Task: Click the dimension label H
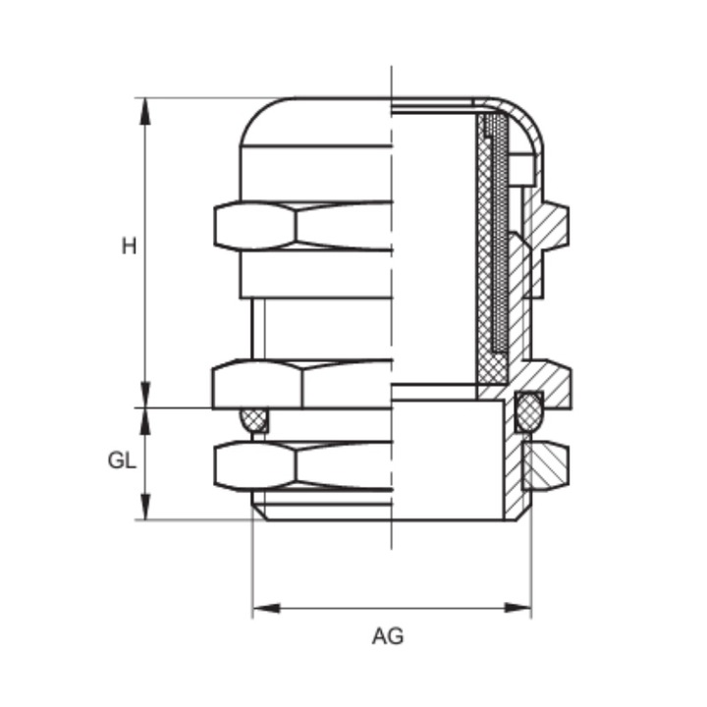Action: point(129,246)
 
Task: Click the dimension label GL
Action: point(122,461)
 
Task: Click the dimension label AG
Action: point(388,636)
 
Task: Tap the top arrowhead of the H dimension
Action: point(144,111)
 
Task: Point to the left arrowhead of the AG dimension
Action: point(266,608)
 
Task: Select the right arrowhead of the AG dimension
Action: point(517,608)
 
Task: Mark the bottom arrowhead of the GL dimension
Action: point(144,507)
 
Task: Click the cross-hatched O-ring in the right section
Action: point(529,410)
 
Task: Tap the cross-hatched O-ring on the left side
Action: point(254,420)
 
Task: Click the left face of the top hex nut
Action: point(254,226)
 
